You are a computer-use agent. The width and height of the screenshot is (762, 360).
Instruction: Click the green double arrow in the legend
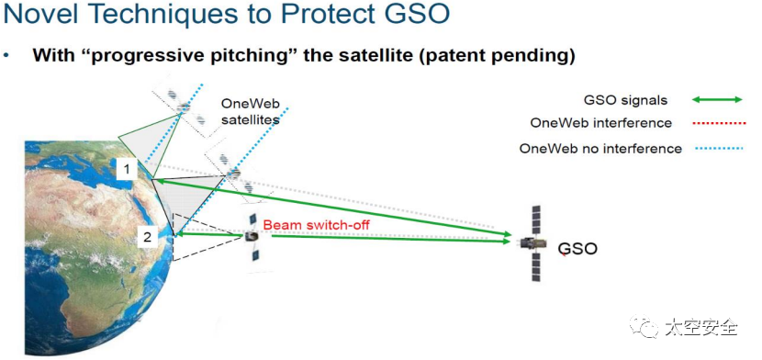717,99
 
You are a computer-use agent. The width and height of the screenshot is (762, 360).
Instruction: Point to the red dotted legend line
718,123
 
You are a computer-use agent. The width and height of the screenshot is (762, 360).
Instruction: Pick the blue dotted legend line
718,148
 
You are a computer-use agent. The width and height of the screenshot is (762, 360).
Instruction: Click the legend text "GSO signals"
625,101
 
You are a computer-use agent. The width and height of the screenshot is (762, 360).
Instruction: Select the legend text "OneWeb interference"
600,123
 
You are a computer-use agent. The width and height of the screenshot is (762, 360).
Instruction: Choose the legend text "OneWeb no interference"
600,148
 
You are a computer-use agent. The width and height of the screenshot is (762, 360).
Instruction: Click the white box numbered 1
127,169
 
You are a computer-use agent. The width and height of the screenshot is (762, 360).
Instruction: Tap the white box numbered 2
148,237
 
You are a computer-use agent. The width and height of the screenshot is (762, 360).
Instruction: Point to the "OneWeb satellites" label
250,111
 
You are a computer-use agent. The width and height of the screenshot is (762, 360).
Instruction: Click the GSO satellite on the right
535,243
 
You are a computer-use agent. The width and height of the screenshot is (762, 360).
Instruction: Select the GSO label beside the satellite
577,249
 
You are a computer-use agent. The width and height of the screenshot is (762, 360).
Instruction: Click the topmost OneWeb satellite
184,107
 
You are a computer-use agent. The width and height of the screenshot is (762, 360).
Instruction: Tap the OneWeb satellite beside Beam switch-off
252,237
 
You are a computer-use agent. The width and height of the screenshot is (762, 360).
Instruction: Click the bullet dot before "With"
6,55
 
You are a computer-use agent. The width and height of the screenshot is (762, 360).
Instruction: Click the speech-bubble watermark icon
644,326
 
